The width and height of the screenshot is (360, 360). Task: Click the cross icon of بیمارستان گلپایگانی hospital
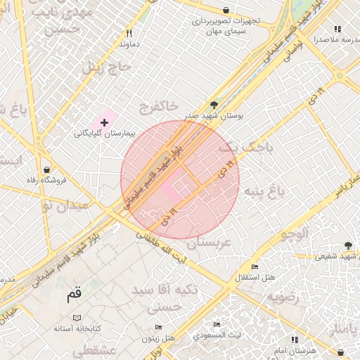(x=105, y=122)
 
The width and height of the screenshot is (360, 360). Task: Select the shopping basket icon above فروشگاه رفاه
(x=46, y=169)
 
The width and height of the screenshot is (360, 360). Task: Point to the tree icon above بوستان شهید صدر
(x=214, y=104)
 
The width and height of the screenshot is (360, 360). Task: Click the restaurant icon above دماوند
(x=129, y=33)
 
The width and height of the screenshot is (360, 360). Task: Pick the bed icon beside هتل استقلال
(x=255, y=267)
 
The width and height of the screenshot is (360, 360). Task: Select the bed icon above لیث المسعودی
(x=217, y=324)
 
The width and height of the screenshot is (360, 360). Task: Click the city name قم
(x=74, y=294)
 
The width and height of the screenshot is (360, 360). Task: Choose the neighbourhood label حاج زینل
(x=108, y=67)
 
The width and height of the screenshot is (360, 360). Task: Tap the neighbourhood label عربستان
(x=206, y=243)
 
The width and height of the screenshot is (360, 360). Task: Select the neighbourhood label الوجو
(x=295, y=235)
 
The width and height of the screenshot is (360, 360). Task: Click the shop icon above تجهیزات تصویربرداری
(x=226, y=11)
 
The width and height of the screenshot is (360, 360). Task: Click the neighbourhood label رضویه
(x=283, y=297)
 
